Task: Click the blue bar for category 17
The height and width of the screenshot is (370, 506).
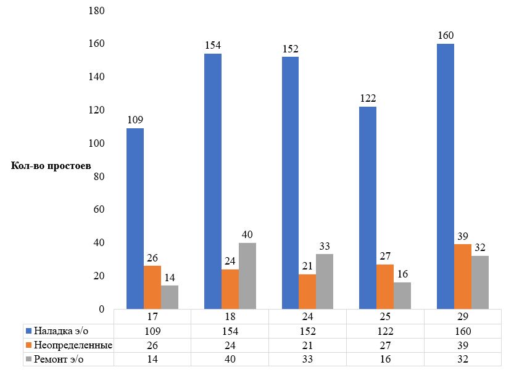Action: pyautogui.click(x=135, y=218)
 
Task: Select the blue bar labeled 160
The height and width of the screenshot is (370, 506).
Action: pyautogui.click(x=446, y=176)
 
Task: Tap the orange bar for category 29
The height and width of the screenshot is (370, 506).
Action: pyautogui.click(x=463, y=276)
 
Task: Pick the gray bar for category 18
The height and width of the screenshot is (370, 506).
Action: pyautogui.click(x=247, y=276)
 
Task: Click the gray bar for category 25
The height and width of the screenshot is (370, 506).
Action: pyautogui.click(x=402, y=295)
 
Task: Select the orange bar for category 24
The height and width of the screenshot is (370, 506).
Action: pyautogui.click(x=307, y=291)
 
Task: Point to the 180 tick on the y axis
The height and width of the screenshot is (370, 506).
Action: pyautogui.click(x=97, y=11)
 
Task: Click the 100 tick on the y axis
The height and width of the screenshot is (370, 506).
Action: pyautogui.click(x=97, y=144)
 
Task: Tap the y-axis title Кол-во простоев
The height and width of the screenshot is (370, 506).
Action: pyautogui.click(x=51, y=166)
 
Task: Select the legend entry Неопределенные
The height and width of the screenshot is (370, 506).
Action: pyautogui.click(x=68, y=345)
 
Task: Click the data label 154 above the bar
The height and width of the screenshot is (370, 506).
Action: pyautogui.click(x=214, y=45)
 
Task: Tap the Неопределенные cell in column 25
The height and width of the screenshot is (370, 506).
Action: pyautogui.click(x=384, y=345)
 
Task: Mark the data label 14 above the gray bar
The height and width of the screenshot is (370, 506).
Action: pyautogui.click(x=170, y=277)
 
